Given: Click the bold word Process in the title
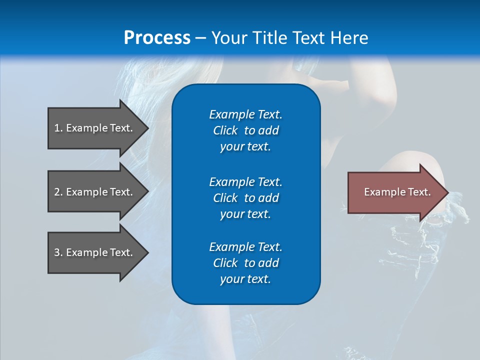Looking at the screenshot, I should pyautogui.click(x=157, y=38).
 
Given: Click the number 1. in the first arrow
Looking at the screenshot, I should pyautogui.click(x=58, y=128).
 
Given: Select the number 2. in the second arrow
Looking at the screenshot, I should pyautogui.click(x=58, y=192).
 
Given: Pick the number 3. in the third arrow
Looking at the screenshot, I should pyautogui.click(x=58, y=252).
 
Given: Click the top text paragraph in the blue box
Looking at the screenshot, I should pyautogui.click(x=245, y=130).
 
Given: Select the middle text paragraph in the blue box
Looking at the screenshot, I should pyautogui.click(x=245, y=197).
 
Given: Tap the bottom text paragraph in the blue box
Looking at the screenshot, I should pyautogui.click(x=245, y=263).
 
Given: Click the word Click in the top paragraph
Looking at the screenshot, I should pyautogui.click(x=225, y=130).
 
